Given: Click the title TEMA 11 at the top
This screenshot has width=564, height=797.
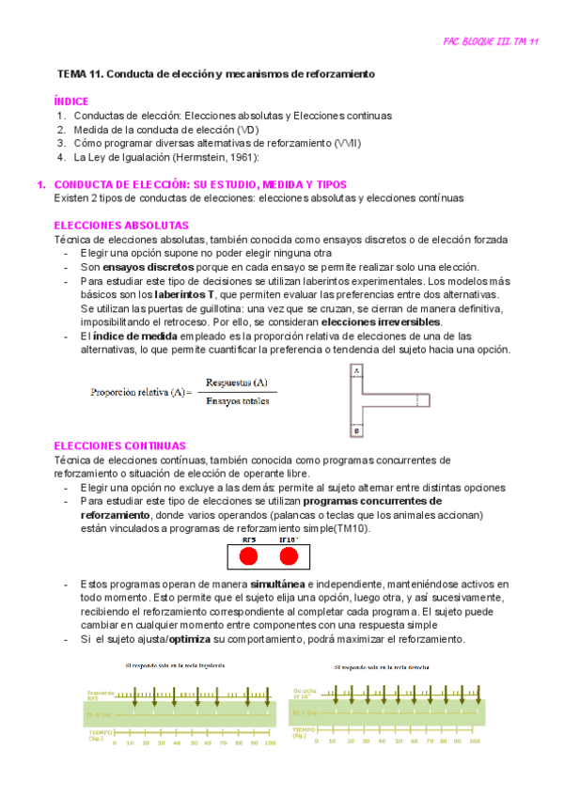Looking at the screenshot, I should tap(216, 73).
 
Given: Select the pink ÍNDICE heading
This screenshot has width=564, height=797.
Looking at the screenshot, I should tap(72, 101).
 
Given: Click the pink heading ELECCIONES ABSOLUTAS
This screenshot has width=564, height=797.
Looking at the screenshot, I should tap(121, 226).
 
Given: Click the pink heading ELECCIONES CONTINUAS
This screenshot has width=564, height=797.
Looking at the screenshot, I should tap(119, 445).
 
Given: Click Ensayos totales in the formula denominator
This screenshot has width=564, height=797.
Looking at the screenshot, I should tap(237, 400).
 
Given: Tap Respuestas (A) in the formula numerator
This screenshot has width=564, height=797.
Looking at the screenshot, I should tap(236, 383).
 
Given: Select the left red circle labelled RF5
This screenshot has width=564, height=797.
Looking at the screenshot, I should tap(248, 556).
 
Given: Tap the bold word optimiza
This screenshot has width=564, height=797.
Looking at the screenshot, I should tap(189, 639).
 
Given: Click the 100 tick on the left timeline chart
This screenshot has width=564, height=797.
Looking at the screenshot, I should tap(269, 742).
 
